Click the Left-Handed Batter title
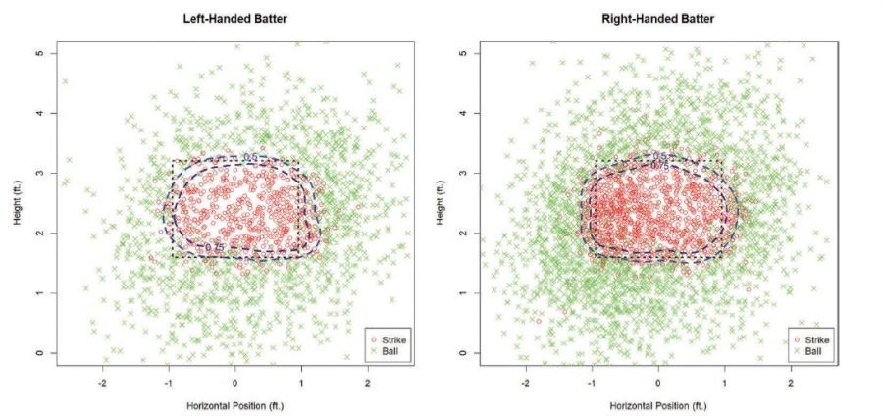[234, 18]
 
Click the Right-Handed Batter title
[657, 18]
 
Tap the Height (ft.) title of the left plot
[19, 203]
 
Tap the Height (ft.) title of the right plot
[442, 203]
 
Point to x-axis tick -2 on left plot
[103, 381]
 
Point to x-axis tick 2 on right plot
[791, 381]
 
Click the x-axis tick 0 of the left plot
[234, 381]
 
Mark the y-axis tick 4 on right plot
[465, 113]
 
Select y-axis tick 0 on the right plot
[465, 353]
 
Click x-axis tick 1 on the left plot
[301, 381]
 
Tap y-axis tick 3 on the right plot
[465, 173]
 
